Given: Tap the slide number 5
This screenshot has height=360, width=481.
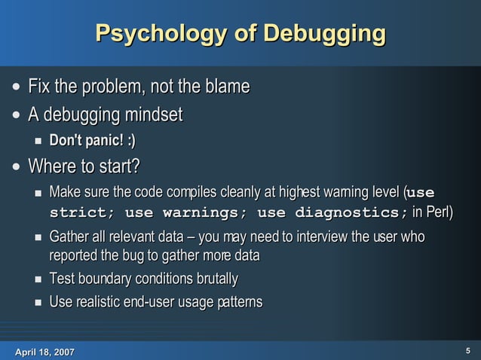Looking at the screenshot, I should [468, 350].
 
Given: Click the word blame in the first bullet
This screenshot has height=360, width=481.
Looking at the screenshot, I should [227, 88].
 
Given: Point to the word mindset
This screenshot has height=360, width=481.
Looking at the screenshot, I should [151, 116].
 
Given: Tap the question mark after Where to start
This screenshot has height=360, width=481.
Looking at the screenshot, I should [138, 166].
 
